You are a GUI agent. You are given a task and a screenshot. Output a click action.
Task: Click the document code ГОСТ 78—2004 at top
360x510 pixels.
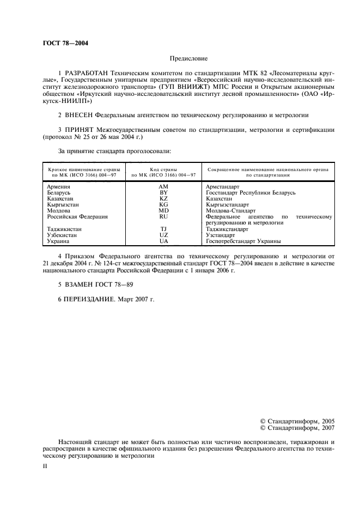coord(65,42)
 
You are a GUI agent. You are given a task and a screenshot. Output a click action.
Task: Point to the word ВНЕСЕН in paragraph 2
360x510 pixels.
coord(78,116)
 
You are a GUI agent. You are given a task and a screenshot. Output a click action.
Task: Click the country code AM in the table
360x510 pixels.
coord(163,187)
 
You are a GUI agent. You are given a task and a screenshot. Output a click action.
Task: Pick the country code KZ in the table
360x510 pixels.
coord(163,199)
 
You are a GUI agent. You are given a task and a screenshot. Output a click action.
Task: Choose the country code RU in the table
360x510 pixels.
coord(163,217)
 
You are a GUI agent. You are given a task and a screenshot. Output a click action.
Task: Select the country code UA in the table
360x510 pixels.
coord(163,241)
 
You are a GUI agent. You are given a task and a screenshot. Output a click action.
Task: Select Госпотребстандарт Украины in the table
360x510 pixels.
coord(243,241)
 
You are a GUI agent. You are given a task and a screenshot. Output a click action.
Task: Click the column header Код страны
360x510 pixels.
coord(163,170)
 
